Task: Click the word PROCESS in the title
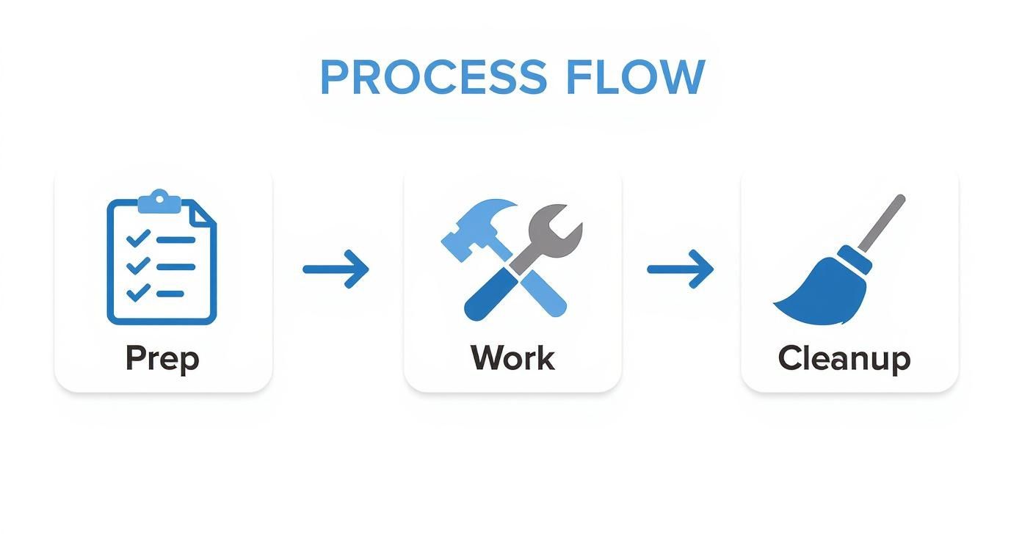click(x=433, y=77)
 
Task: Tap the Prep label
click(x=162, y=358)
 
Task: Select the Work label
click(x=512, y=358)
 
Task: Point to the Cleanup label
click(x=844, y=359)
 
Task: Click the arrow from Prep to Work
click(x=336, y=269)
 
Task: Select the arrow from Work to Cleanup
click(x=681, y=269)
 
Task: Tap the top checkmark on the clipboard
click(x=138, y=239)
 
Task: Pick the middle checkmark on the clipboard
click(x=138, y=266)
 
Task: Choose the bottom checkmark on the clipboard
click(x=138, y=293)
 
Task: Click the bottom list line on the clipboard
click(x=170, y=294)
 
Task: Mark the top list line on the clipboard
click(x=176, y=239)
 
